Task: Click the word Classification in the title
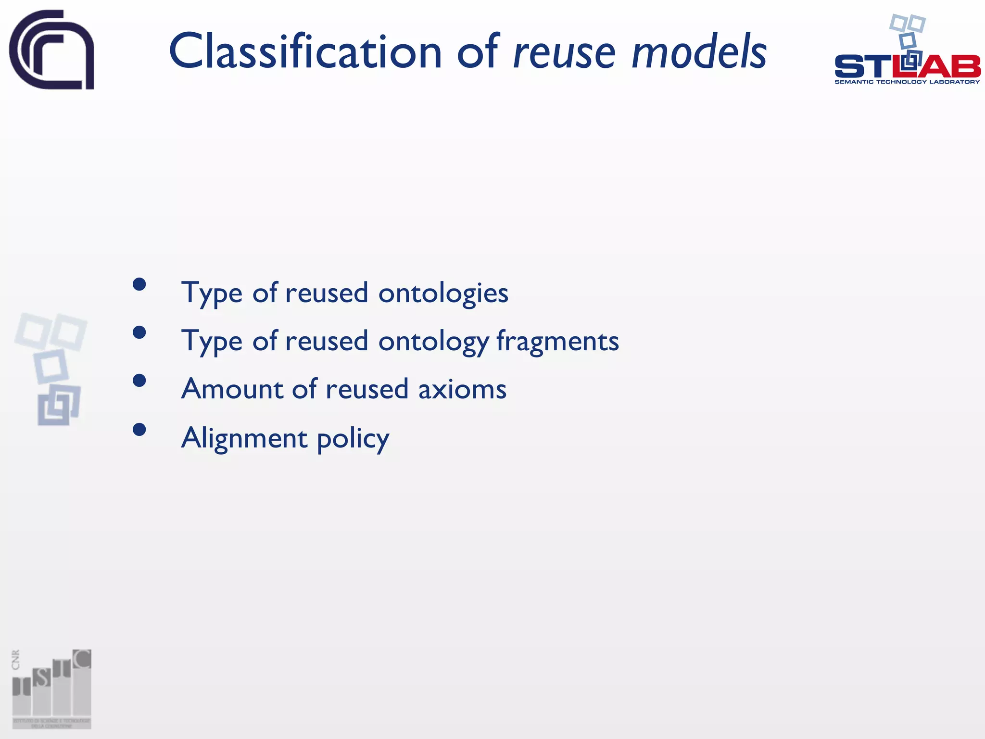305,51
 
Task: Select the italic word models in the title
698,51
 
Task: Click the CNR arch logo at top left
51,50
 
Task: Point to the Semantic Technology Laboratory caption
907,82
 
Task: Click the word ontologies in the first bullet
443,293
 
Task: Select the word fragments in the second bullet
557,342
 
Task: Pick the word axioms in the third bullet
462,390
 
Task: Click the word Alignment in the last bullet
244,439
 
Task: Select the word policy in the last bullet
353,440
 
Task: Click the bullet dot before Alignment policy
139,429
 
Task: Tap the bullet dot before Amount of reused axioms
139,381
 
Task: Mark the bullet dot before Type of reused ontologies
139,284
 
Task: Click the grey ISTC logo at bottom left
52,689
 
